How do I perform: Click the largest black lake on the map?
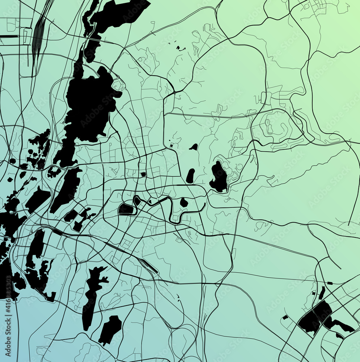[89, 105]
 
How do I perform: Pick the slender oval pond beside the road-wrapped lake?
[190, 176]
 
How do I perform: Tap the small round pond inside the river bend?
[184, 203]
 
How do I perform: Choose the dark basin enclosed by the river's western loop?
[126, 209]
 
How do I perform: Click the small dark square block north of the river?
[143, 174]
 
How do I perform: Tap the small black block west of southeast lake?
[285, 317]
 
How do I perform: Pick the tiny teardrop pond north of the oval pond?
[194, 147]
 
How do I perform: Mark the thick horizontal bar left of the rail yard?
[9, 36]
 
